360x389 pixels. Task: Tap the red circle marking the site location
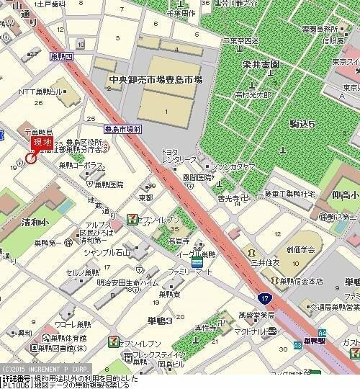coord(30,158)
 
